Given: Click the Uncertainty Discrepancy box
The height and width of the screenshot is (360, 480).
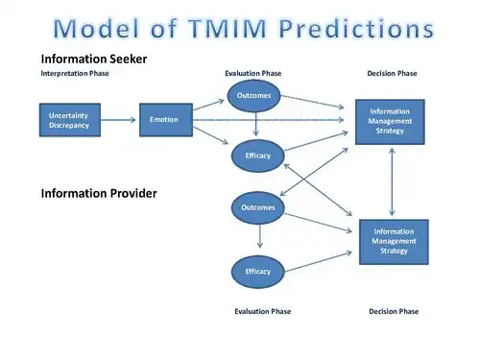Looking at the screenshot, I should point(69,120).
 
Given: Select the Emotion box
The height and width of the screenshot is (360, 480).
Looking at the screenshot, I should point(164,119).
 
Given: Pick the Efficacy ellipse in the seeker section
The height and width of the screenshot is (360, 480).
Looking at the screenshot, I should point(258,155).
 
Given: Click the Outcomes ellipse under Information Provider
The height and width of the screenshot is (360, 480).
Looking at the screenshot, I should point(258,206).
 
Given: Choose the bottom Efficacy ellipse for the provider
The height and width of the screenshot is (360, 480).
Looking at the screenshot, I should point(258,271).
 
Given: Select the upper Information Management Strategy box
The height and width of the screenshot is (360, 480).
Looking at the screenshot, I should point(390,121).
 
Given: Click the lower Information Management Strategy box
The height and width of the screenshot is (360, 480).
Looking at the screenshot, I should point(394,241).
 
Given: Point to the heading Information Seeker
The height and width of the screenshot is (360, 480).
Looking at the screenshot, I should point(93,60).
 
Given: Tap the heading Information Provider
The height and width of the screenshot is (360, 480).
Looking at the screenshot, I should point(98,193).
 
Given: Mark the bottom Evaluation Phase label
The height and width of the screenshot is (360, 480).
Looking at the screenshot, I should point(262,311).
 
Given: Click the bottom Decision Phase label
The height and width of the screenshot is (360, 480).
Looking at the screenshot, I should point(394,311).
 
